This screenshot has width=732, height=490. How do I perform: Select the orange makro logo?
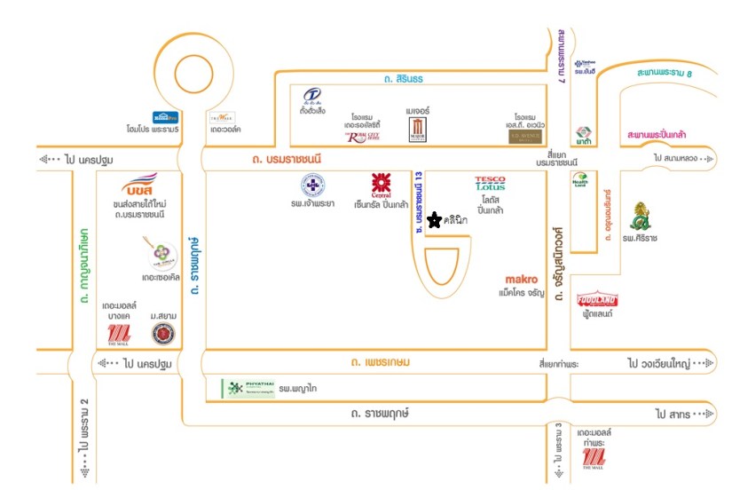point(522,278)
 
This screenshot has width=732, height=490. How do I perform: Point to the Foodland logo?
point(596,300)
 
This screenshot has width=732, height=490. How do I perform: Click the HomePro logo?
point(166,116)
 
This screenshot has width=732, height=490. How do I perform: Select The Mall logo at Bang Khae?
point(118,334)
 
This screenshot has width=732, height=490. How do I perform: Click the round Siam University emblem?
point(162,334)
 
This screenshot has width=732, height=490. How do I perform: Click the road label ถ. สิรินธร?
point(405,79)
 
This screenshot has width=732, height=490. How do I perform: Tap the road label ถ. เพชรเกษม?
point(379,363)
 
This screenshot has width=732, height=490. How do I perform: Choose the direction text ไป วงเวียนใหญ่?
point(662,364)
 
